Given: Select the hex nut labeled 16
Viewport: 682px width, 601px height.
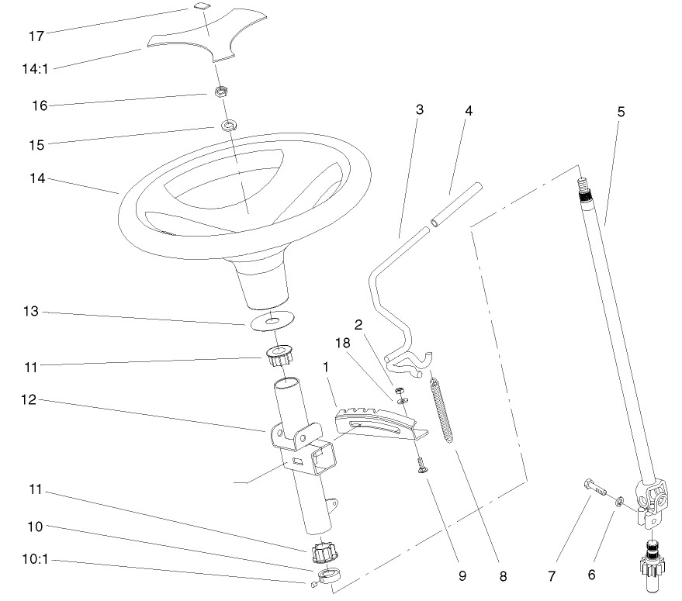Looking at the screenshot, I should (x=220, y=92).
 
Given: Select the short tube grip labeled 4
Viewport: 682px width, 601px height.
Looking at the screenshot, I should (x=458, y=204).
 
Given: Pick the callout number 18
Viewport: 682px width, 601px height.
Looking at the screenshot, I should (x=343, y=343).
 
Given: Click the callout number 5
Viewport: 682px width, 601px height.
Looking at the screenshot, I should (x=621, y=112).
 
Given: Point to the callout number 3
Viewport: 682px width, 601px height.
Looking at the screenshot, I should (x=419, y=109).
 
